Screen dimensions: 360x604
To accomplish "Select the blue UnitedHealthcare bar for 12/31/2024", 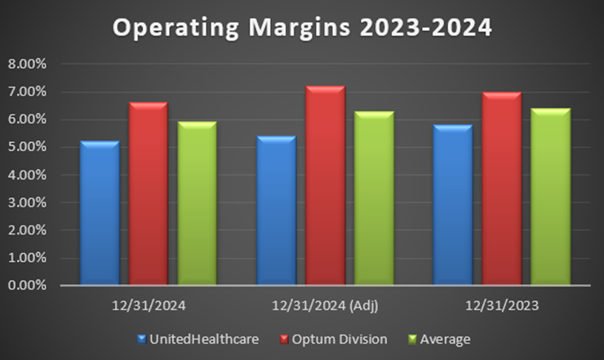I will coord(99,214).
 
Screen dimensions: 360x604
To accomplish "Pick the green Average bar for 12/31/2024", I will coord(197,204).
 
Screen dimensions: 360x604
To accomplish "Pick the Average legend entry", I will coord(441,338).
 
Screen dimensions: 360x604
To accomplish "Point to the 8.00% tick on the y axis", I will coord(28,64).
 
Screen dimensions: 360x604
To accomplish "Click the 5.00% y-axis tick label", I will coord(28,147).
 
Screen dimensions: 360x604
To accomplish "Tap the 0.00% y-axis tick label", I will coord(28,286).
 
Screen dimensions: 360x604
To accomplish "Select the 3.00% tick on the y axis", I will coord(28,202).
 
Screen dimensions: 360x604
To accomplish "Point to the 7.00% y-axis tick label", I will coord(28,91).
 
